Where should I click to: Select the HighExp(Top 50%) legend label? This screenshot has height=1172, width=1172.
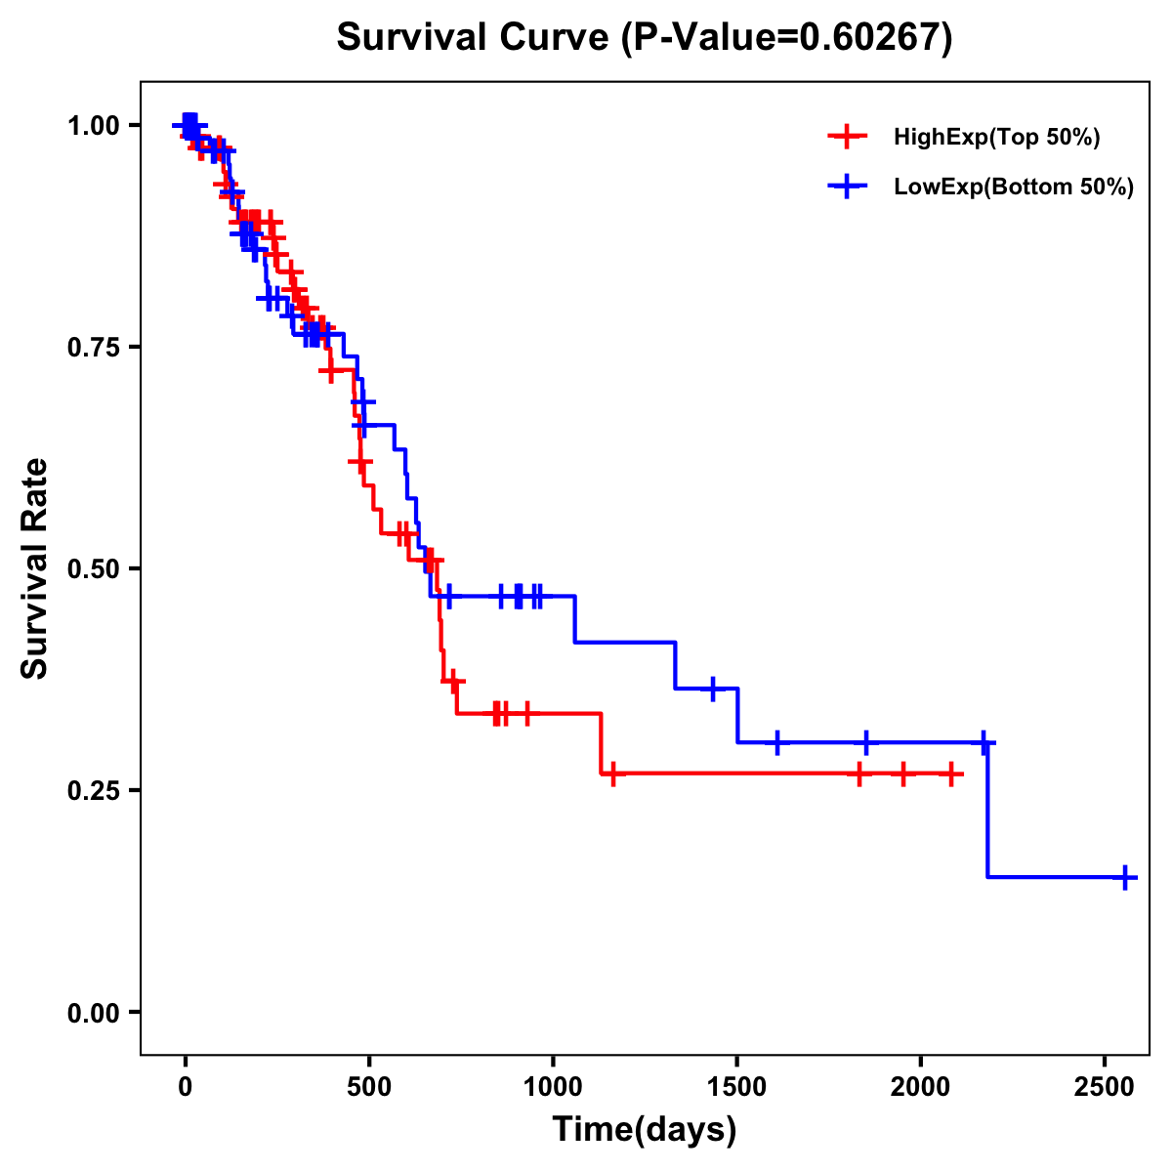(996, 138)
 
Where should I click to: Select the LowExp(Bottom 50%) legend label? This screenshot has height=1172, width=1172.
(1014, 188)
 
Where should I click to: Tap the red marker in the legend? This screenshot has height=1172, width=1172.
(847, 138)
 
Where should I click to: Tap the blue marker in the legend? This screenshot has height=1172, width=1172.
(847, 188)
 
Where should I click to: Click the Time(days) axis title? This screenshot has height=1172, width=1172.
(645, 1130)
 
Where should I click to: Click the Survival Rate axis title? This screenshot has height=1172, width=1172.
(35, 568)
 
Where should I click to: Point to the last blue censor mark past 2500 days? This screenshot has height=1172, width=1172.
(1125, 877)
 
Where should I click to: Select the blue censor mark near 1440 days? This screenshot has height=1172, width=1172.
(713, 689)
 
